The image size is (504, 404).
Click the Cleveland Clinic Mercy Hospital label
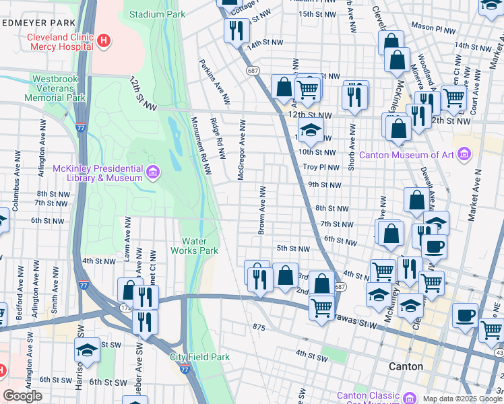[60, 42]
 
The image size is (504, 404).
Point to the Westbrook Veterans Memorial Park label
[59, 88]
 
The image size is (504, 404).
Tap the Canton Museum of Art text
[407, 155]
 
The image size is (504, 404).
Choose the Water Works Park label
[200, 246]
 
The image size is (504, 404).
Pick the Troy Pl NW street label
[319, 166]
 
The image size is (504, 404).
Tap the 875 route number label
[258, 327]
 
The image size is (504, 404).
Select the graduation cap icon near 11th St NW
[311, 131]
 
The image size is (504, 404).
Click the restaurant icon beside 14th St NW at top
[237, 30]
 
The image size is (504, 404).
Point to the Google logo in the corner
[22, 395]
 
